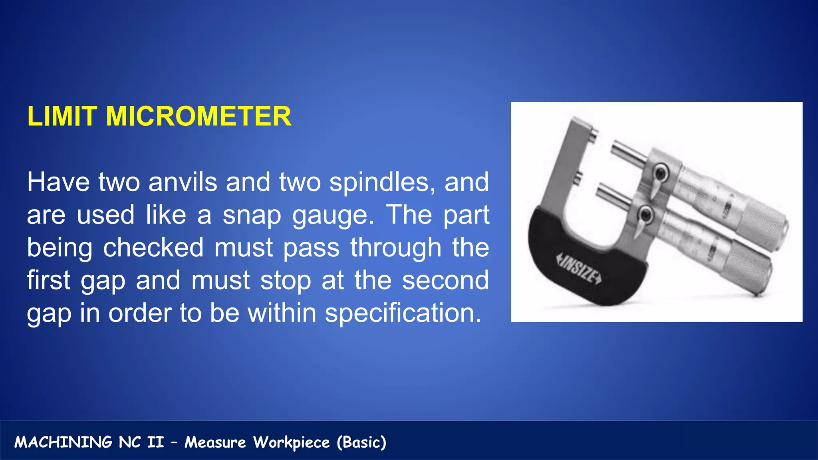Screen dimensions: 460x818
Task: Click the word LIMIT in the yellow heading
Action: [62, 117]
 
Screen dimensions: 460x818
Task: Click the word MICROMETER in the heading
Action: [199, 117]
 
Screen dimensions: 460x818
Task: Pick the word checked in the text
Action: [153, 248]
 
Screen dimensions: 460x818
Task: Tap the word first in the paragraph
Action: [48, 280]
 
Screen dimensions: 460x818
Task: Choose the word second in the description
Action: [445, 280]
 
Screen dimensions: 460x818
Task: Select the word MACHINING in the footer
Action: [64, 442]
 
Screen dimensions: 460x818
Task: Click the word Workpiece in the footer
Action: [292, 442]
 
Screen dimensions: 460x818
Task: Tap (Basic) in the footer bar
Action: [361, 442]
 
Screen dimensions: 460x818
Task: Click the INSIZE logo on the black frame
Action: [579, 268]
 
